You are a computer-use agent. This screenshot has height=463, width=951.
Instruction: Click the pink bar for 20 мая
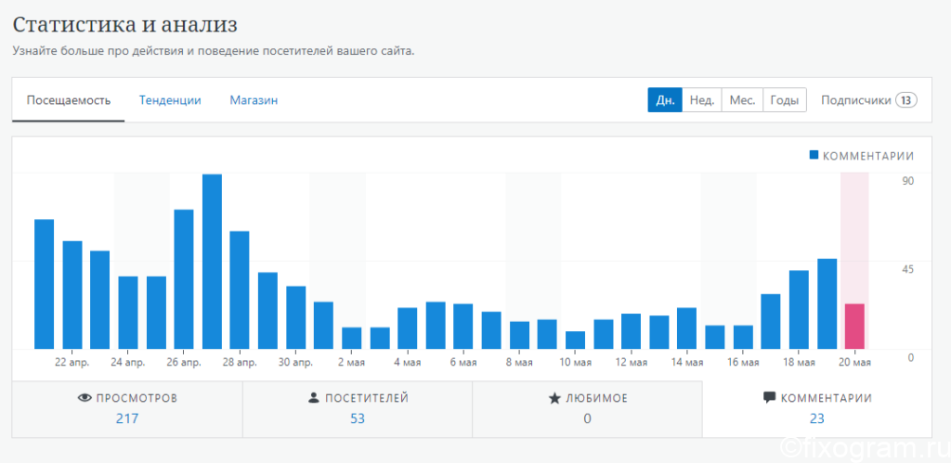854,327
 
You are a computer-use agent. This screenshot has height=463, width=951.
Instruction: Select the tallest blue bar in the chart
212,262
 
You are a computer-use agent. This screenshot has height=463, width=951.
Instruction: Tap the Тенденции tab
170,100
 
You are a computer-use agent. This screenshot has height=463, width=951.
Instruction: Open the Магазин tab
254,100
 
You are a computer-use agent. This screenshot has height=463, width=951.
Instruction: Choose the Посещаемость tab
69,100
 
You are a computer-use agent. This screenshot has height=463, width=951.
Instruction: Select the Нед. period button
702,100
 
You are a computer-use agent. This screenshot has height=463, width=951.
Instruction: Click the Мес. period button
742,100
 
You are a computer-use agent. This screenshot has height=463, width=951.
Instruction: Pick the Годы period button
784,100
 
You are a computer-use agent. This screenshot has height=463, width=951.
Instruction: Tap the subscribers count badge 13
906,100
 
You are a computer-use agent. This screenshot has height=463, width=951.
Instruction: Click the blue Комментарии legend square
814,155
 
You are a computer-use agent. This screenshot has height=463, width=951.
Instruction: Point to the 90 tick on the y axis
907,181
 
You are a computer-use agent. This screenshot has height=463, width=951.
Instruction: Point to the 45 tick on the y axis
907,269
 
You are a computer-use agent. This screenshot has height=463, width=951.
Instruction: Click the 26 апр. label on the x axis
184,363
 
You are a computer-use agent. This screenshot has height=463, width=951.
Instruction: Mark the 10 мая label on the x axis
575,363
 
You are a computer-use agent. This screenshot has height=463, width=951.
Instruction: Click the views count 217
127,418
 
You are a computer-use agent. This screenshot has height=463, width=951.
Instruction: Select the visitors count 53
358,418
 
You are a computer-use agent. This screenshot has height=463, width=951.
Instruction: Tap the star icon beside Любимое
554,398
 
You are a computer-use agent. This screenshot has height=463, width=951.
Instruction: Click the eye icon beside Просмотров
85,398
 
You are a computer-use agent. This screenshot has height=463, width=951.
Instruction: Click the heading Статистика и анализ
125,25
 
